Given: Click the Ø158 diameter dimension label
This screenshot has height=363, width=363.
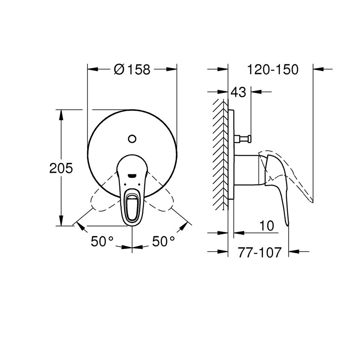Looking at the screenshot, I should click(132, 69).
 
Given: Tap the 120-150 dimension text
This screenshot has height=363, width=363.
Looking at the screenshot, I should click(273, 69).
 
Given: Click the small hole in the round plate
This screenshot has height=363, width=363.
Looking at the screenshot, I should click(132, 138).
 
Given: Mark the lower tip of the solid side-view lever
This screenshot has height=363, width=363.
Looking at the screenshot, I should click(287, 223).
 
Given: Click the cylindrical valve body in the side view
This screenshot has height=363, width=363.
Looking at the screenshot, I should click(247, 169).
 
